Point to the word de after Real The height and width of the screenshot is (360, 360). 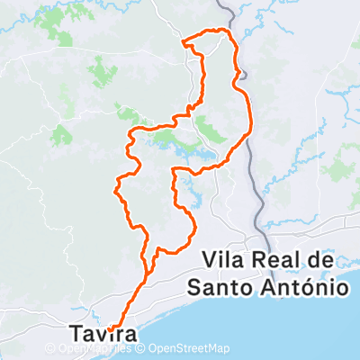coord(321,260)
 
